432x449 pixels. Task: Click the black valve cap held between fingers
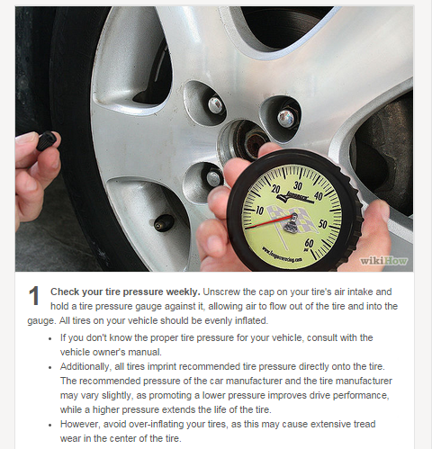pyautogui.click(x=48, y=142)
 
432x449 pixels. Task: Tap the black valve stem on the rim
pyautogui.click(x=164, y=221)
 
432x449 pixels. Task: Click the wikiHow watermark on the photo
pyautogui.click(x=385, y=259)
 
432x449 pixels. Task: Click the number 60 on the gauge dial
pyautogui.click(x=310, y=243)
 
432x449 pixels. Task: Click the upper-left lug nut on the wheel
pyautogui.click(x=215, y=104)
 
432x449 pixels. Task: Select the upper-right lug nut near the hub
pyautogui.click(x=286, y=117)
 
